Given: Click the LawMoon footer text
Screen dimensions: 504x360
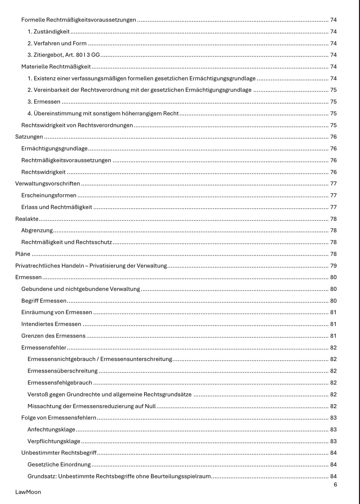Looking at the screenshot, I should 28,492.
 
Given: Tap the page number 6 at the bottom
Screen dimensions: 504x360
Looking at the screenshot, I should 335,484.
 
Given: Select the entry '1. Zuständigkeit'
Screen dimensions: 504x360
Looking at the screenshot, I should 48,31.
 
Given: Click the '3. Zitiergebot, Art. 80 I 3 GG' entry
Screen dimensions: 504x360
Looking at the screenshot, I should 64,55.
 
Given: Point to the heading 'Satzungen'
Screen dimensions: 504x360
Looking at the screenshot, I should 29,137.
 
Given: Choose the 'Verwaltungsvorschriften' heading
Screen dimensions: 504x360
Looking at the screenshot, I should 47,184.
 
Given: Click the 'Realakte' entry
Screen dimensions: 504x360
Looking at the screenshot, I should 27,219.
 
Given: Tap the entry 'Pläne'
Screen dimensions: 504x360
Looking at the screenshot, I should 23,254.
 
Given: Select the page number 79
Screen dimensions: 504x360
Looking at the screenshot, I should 333,266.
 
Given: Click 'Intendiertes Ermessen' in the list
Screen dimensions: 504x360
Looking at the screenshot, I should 51,324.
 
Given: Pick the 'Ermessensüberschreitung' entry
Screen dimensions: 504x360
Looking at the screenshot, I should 63,371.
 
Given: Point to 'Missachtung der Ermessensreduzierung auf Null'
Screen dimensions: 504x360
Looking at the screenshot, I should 91,406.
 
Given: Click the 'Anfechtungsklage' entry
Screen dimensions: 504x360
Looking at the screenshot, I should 51,430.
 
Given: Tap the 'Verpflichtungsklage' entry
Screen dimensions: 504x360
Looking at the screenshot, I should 54,441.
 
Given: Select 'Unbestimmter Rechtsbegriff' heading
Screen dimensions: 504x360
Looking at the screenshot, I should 59,453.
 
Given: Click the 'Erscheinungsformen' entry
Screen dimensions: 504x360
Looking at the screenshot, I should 49,196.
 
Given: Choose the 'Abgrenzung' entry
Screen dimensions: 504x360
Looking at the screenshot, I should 37,231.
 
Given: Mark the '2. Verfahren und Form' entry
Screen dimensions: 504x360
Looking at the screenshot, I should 57,43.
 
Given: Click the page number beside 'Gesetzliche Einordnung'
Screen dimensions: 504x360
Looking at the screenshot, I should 333,465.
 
